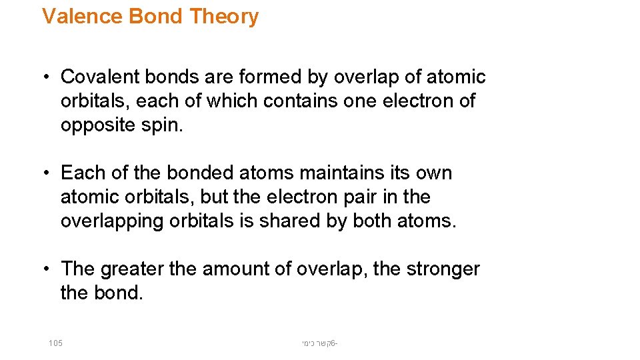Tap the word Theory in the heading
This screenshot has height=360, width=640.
click(x=223, y=16)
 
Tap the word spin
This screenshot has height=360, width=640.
click(x=163, y=126)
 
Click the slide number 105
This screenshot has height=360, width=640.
click(x=55, y=343)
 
